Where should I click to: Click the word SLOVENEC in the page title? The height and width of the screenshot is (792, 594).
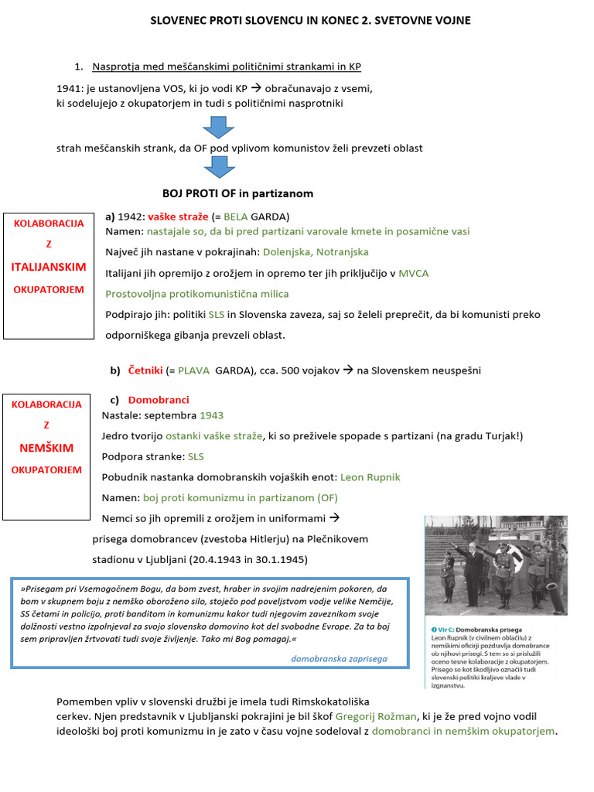[177, 19]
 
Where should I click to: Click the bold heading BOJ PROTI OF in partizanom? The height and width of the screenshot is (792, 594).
[237, 193]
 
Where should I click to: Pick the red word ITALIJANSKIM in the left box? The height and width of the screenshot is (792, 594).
[48, 266]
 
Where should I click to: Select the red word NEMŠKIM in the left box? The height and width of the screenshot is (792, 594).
[46, 448]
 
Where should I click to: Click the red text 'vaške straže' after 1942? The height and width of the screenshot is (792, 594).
[178, 217]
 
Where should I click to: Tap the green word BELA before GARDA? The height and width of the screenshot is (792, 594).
[237, 217]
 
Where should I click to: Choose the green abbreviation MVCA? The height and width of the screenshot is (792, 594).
[414, 273]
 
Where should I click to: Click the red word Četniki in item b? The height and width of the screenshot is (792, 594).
[145, 370]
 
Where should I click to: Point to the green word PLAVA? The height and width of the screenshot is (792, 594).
[194, 370]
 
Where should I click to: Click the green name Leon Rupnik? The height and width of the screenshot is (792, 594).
[370, 477]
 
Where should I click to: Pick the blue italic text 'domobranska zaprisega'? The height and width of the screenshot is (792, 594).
[339, 659]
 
